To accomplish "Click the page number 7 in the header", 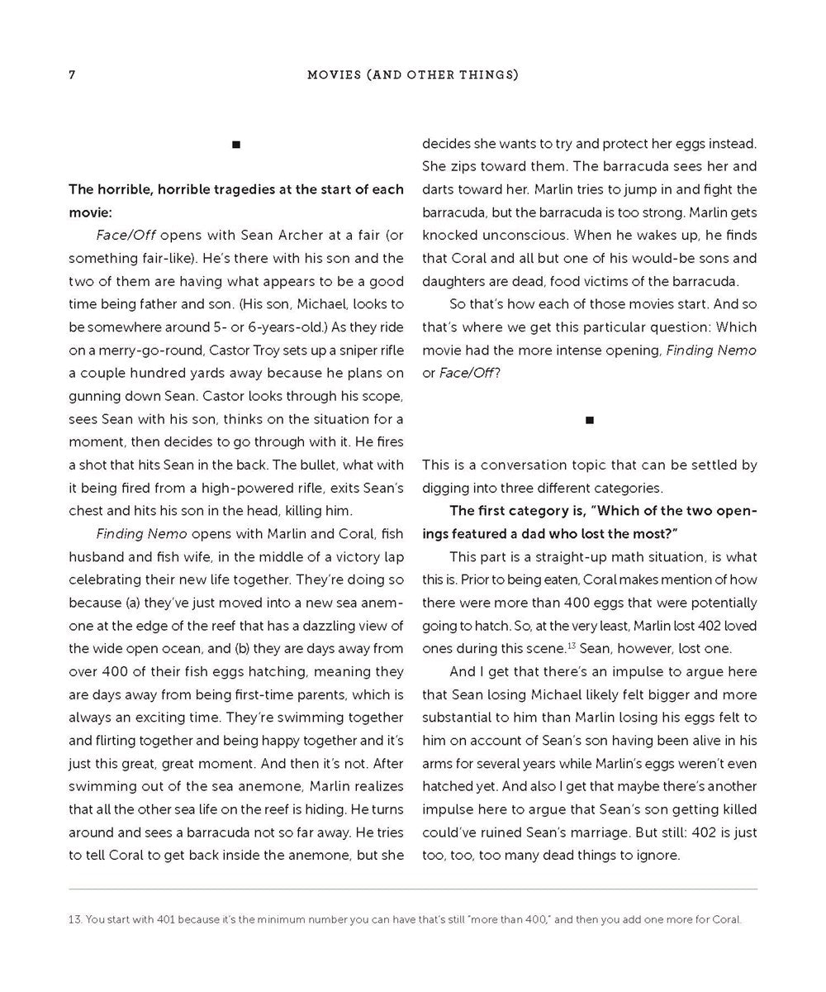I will coord(72,75).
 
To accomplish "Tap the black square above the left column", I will coord(236,145).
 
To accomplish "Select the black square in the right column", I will coord(590,420).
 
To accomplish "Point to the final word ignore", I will coord(657,855).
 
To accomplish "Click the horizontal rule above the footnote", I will coord(413,889).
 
